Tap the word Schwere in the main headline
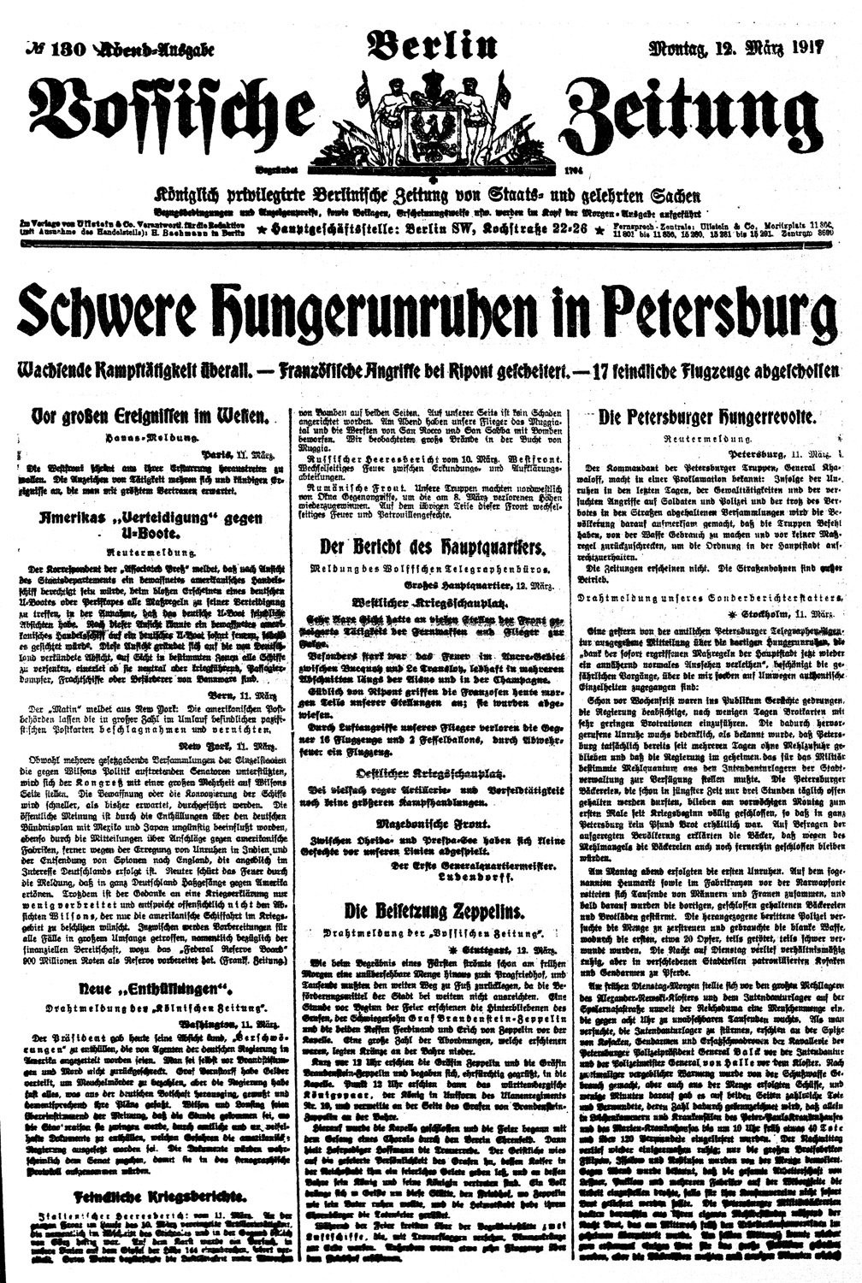[107, 314]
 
